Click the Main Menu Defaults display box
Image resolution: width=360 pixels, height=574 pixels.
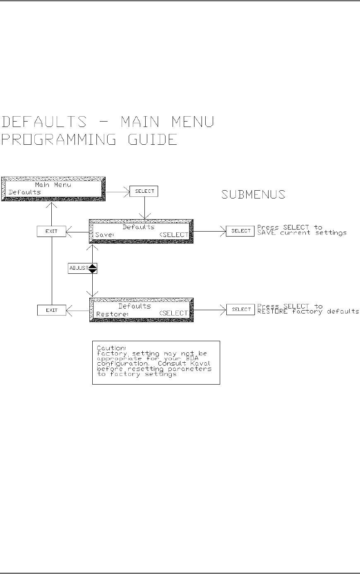tap(53, 189)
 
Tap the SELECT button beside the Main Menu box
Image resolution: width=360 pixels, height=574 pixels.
tap(144, 191)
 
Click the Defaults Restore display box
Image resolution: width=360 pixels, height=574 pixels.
tap(141, 310)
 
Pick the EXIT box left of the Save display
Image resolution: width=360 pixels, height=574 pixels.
tap(51, 231)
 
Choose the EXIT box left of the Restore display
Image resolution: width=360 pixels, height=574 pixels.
tap(51, 310)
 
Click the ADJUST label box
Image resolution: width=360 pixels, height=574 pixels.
tap(78, 268)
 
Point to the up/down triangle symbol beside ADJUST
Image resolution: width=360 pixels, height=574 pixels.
tap(93, 268)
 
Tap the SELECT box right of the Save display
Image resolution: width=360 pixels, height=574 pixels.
tap(240, 231)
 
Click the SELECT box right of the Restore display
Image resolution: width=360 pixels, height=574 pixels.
tap(240, 309)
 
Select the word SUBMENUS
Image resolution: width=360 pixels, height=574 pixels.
tap(253, 194)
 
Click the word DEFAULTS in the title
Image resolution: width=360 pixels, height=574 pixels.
tap(45, 122)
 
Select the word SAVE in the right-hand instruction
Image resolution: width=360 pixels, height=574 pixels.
tap(267, 233)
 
